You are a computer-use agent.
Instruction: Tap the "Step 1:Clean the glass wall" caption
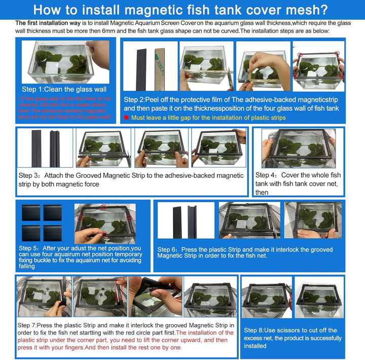point(64,89)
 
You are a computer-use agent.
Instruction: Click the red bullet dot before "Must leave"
point(126,117)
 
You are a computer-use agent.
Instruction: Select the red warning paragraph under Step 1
point(64,107)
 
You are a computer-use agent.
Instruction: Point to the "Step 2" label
point(135,99)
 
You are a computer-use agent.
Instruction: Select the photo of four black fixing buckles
point(42,222)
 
